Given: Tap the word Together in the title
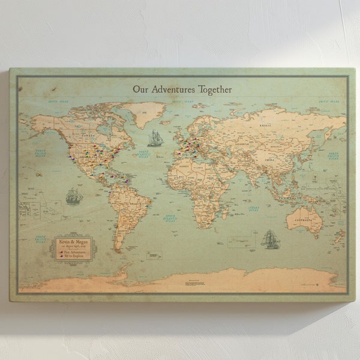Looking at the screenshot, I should click(x=212, y=89).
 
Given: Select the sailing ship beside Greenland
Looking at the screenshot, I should click(x=155, y=138).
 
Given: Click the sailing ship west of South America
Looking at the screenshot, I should click(x=74, y=196).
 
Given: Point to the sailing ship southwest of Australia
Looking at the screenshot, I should click(x=269, y=239).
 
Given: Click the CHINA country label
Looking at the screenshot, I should click(x=269, y=160).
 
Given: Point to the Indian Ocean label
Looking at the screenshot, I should click(x=254, y=208).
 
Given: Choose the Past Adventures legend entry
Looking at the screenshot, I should click(x=74, y=251).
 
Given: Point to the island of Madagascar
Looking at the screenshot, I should click(x=225, y=212).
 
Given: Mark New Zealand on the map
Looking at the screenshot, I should click(x=339, y=237).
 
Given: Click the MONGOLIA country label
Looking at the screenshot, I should click(x=277, y=146).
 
